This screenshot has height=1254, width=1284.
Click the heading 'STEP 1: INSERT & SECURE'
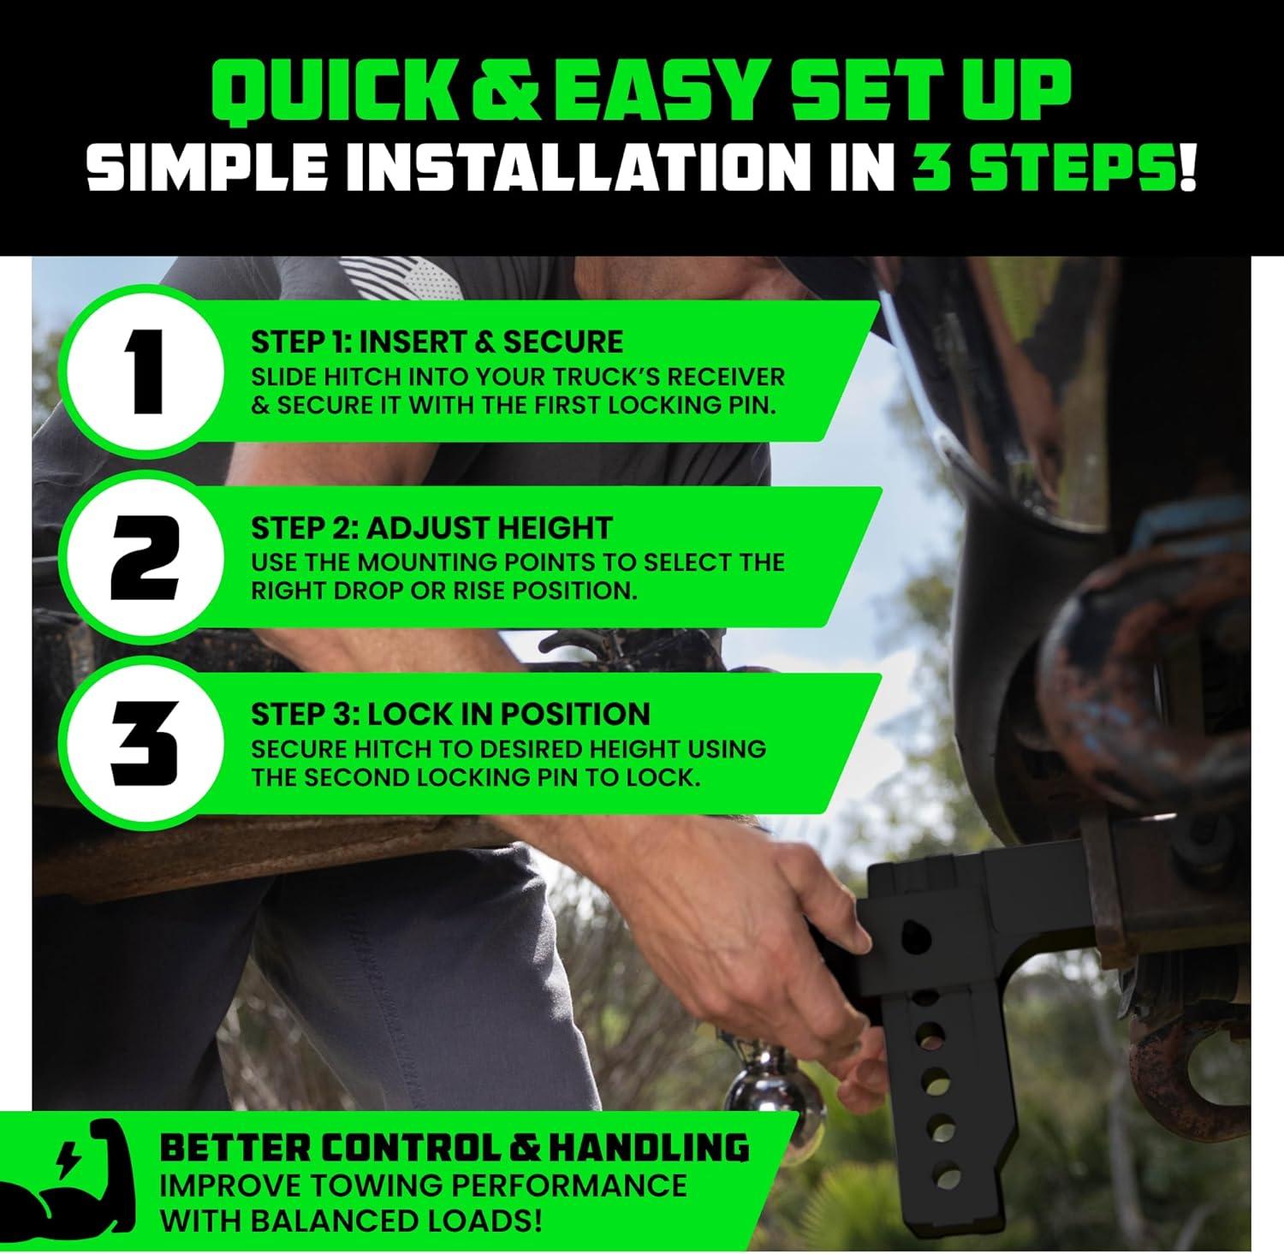tap(437, 342)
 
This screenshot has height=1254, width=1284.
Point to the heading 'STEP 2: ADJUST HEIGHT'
tap(431, 528)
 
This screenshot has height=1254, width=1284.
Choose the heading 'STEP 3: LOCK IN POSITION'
tap(450, 714)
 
